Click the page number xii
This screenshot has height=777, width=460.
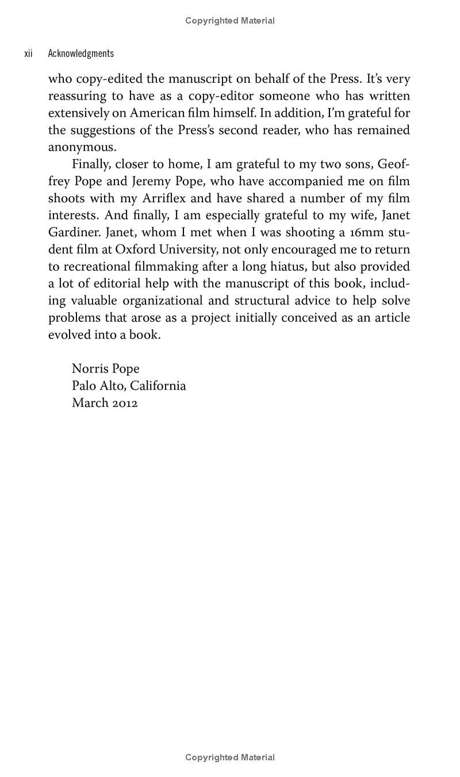[28, 53]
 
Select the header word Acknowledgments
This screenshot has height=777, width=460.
[80, 53]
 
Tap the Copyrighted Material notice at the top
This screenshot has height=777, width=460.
[230, 21]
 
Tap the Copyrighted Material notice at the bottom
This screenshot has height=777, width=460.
[230, 757]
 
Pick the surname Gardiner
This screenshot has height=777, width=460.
[70, 233]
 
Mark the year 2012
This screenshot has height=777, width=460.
[125, 403]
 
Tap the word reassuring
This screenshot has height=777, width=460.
[78, 97]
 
